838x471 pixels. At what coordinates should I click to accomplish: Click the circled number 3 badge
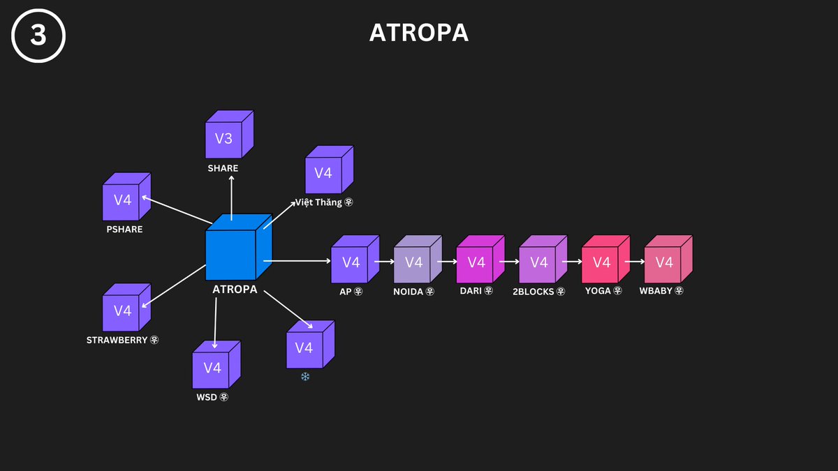(38, 36)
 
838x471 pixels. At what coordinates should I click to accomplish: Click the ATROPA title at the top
(419, 33)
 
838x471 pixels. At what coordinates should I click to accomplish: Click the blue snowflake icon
(304, 377)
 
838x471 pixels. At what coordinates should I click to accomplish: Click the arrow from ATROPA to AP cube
(297, 261)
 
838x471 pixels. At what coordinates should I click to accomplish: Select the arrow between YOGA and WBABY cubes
(634, 262)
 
